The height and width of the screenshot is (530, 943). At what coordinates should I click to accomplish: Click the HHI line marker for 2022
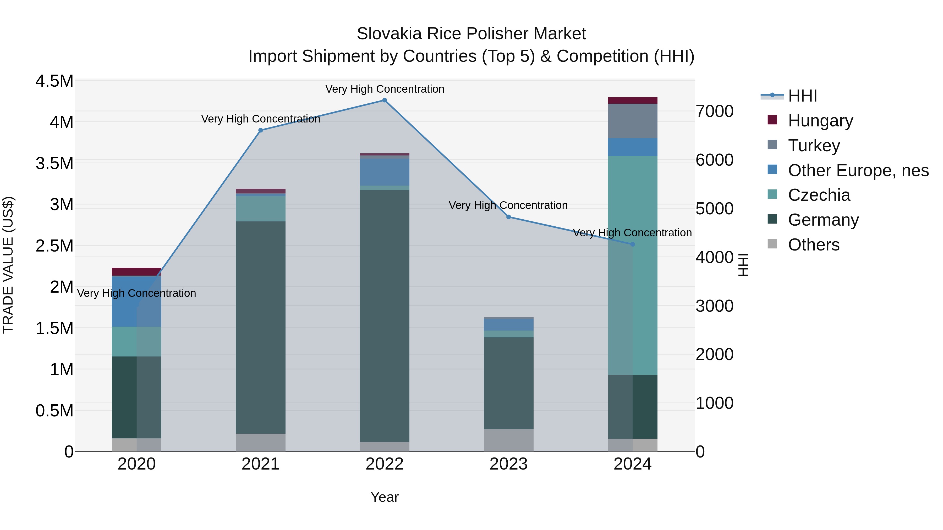pos(384,100)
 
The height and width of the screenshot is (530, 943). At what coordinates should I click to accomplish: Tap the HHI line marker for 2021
pos(261,130)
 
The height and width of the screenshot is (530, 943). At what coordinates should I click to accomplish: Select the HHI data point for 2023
pos(508,217)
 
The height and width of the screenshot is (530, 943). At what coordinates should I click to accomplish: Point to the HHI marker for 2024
pos(633,244)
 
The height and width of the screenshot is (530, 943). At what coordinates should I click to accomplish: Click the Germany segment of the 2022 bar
pos(384,315)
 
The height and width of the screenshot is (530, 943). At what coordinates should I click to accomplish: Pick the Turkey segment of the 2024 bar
pos(633,121)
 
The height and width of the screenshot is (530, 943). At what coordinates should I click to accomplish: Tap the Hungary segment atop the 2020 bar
pos(136,271)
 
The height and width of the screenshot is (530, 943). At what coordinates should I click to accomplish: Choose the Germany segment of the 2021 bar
pos(261,327)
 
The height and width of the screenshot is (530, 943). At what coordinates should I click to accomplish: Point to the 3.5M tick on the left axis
pos(54,163)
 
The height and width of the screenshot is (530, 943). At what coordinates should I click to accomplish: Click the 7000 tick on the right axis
pos(715,111)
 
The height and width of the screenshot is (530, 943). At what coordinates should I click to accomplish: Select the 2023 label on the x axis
pos(508,464)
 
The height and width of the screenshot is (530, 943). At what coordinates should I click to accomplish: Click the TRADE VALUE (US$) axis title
pos(8,265)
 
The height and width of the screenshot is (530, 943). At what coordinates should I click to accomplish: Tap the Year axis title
pos(384,497)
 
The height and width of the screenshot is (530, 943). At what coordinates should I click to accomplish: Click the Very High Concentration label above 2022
pos(384,89)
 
